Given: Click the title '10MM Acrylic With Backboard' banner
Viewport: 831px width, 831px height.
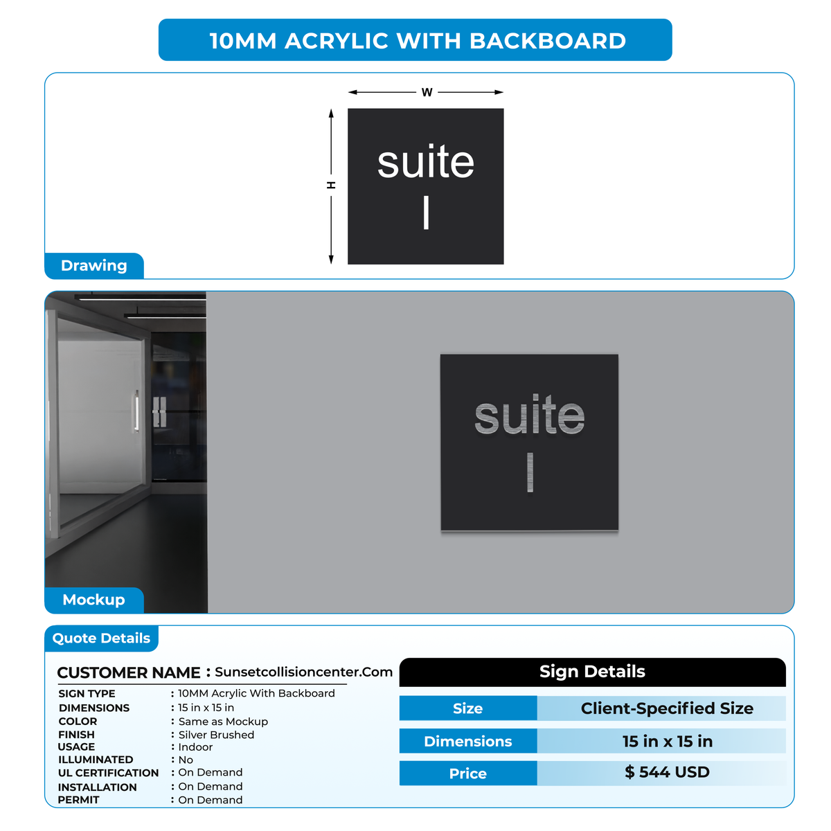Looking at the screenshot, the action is coord(415,39).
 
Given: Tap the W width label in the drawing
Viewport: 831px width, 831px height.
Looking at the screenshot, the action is coord(427,92).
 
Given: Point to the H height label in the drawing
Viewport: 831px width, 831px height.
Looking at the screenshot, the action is coord(331,185).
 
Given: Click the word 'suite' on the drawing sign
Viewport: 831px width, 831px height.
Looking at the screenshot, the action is coord(426,162).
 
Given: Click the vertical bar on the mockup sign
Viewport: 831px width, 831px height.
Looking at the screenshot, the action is coord(530,472).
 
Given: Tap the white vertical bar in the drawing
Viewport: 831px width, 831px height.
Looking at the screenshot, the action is coord(426,213).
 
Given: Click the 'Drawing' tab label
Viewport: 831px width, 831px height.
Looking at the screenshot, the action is coord(94,266).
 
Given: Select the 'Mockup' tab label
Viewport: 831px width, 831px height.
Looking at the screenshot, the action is coord(94,600).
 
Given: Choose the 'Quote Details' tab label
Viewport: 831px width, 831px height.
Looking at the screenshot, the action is coord(101,638).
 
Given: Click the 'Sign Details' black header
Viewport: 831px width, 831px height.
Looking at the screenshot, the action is coord(592,672).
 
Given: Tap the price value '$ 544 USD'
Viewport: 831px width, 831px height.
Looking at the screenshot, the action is coord(667,772).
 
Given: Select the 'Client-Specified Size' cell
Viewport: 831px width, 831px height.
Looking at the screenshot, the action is coord(667,708).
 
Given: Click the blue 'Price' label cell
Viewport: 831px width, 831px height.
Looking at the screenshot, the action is coord(468,774).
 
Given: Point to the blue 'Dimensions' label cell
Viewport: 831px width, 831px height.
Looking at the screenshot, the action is coord(468,741).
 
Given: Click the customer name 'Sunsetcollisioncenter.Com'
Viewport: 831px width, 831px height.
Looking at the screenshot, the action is coord(303,672).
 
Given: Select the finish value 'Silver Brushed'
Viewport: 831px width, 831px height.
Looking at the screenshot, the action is coord(216,735).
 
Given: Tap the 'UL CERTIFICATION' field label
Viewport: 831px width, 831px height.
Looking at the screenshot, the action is coord(108,773).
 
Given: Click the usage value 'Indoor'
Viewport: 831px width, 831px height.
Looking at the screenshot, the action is coord(195,747).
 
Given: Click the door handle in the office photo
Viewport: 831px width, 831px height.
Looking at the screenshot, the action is coord(136,412).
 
